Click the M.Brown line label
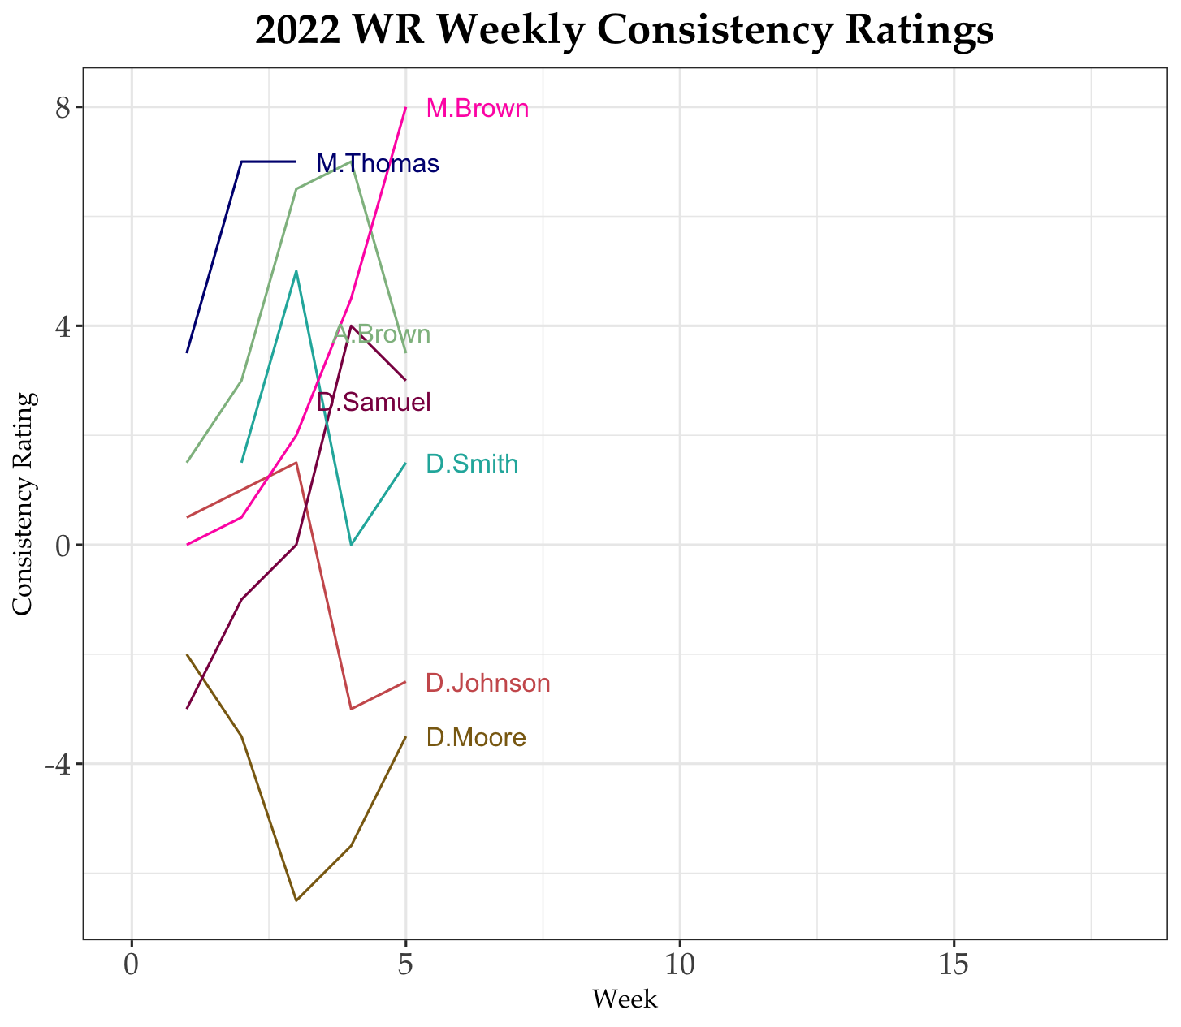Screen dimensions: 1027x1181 [x=478, y=109]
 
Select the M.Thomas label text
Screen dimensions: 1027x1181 [x=378, y=164]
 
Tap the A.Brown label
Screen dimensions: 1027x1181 [x=383, y=334]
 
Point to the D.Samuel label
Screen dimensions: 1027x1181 [x=374, y=402]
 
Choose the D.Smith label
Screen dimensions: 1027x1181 [x=472, y=464]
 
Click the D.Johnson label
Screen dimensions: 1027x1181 [x=488, y=684]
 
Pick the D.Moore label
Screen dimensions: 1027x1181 [x=476, y=738]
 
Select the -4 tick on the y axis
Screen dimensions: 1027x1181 [x=58, y=765]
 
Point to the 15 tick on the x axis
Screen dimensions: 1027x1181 [x=954, y=966]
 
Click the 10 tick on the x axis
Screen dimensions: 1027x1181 [x=679, y=966]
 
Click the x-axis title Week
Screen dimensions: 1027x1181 [x=625, y=999]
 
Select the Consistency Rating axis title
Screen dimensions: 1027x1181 [x=24, y=504]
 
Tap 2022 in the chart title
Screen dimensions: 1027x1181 [x=296, y=31]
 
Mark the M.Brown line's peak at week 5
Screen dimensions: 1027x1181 [x=405, y=107]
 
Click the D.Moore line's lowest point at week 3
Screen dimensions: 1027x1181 [x=296, y=900]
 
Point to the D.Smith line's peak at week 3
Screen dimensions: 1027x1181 [x=296, y=271]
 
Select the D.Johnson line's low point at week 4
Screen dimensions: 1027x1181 [x=351, y=709]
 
